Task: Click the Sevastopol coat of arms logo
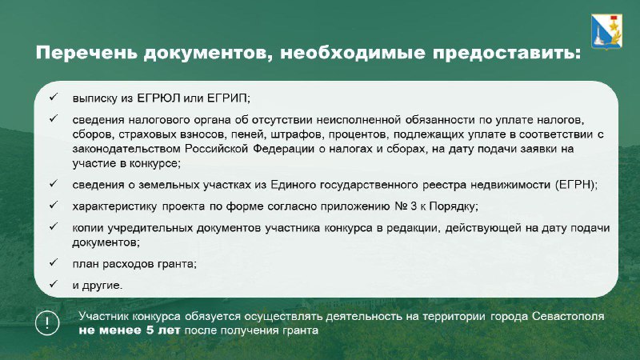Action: tap(606, 31)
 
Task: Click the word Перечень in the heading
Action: tap(86, 53)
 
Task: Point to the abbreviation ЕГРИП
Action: tap(228, 98)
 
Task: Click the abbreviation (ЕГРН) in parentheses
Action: tap(576, 185)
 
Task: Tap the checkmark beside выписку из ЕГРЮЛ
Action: tap(54, 97)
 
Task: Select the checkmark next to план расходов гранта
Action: tap(54, 262)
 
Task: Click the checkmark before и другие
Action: tap(54, 284)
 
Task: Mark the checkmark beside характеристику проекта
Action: tap(54, 205)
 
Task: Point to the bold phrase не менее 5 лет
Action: tap(129, 330)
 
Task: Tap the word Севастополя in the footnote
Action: tap(568, 316)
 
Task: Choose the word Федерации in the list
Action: tap(283, 149)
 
